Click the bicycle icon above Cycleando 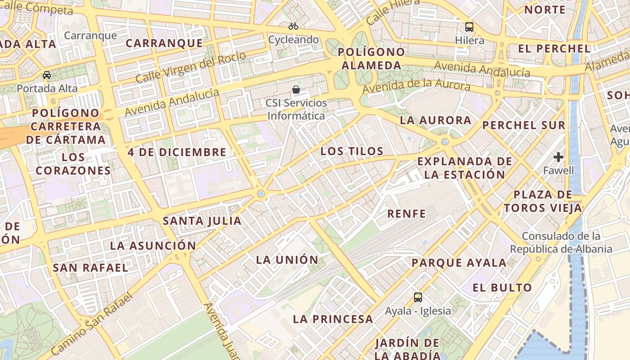[x=293, y=26]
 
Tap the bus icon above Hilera [x=469, y=27]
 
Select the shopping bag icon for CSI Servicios [x=296, y=90]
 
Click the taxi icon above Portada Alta [x=47, y=75]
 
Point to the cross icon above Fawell [x=558, y=157]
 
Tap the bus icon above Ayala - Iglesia [x=418, y=297]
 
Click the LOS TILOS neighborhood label [x=351, y=151]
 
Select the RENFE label [x=406, y=214]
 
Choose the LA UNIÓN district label [x=287, y=260]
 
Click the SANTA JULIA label [x=202, y=221]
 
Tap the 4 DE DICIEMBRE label [x=177, y=152]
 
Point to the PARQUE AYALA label [x=459, y=263]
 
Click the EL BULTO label [x=502, y=288]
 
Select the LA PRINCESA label [x=333, y=319]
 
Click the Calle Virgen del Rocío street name [x=191, y=67]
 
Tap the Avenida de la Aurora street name [x=416, y=86]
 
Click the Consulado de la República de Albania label [x=561, y=243]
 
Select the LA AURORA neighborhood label [x=436, y=120]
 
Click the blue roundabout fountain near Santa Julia [x=261, y=193]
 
